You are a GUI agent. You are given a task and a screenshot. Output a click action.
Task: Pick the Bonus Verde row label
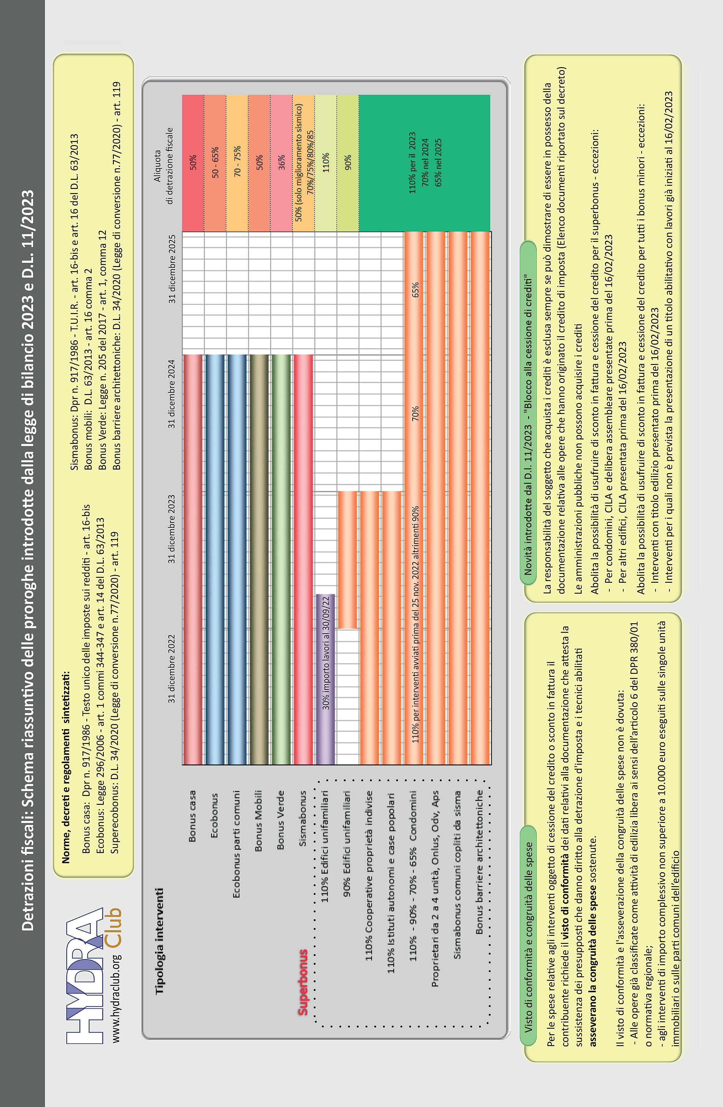(x=281, y=821)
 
